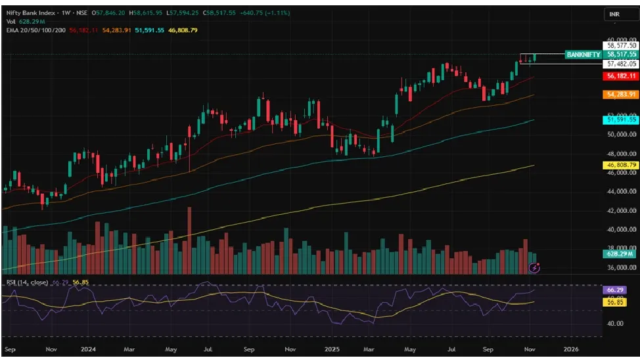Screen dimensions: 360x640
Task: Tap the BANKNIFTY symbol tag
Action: coord(583,55)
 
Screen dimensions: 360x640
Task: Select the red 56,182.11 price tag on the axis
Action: coord(621,76)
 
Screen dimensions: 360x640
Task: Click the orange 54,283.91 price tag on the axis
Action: coord(621,95)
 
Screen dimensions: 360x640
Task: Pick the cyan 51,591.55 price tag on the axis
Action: coord(621,120)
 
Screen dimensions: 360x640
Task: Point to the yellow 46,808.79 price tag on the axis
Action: coord(621,165)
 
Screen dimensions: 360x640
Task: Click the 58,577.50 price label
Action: coord(621,46)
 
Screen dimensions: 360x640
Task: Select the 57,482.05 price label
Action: coord(621,64)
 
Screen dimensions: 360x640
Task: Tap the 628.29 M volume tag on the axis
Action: coord(621,253)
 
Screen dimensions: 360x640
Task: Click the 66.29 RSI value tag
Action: coord(616,290)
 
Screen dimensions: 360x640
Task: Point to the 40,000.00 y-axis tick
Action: coord(621,230)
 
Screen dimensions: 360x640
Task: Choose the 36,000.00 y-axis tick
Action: coord(621,268)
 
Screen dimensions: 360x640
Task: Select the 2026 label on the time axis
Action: coord(571,349)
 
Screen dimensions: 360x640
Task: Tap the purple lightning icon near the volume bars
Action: coord(535,267)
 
